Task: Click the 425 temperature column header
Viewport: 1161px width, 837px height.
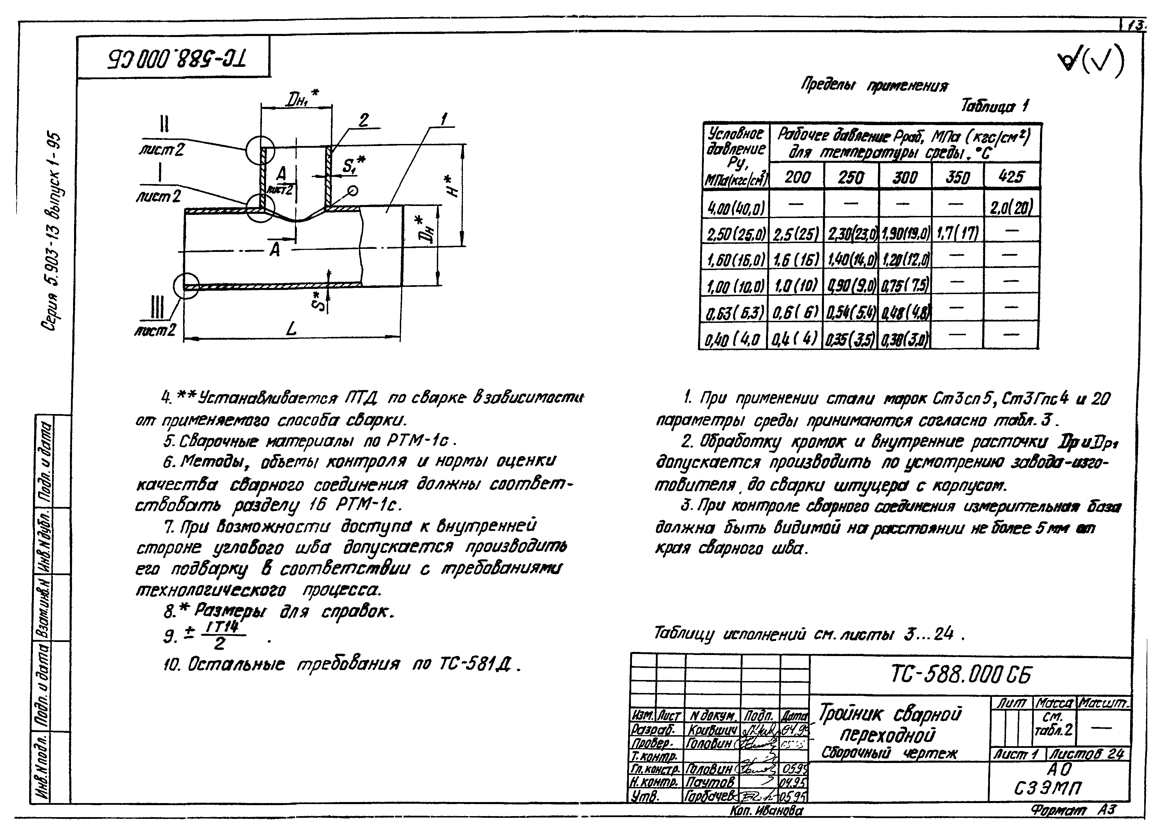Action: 1011,177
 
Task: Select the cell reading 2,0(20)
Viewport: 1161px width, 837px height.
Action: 1011,207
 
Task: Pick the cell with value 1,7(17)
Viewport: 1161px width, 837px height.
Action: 957,233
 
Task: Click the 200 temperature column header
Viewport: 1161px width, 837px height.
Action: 797,177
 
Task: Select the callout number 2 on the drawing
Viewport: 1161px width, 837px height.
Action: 363,121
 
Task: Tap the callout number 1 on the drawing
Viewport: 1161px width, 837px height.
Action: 443,119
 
